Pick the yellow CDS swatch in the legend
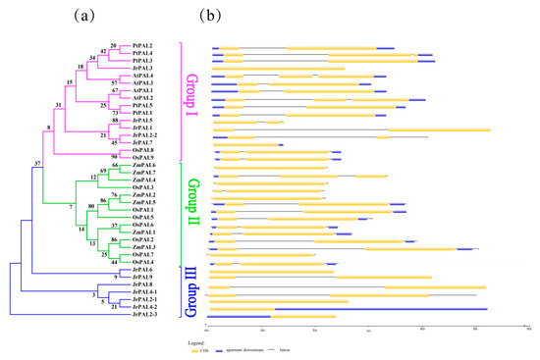click(x=218, y=347)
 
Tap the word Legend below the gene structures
click(x=216, y=339)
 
